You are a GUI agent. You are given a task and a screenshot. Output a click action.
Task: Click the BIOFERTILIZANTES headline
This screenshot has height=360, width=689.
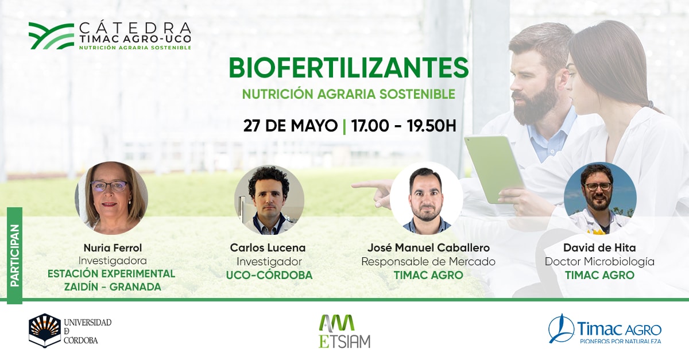coord(349,68)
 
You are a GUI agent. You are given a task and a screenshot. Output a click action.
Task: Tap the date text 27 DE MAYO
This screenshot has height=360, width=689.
coord(290,126)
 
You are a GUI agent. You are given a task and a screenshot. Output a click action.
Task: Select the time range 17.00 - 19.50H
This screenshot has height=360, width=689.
coord(404,126)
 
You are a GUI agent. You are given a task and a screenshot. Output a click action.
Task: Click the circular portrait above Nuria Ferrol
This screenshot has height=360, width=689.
coord(111,198)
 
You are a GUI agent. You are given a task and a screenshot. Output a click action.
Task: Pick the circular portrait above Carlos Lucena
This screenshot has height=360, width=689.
coord(269,200)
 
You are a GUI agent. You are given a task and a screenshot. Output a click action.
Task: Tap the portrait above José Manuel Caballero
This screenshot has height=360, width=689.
coord(426,199)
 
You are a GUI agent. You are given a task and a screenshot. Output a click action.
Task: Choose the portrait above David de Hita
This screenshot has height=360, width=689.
coord(600,199)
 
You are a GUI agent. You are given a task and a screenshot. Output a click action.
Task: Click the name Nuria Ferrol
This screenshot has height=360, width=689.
coord(113,247)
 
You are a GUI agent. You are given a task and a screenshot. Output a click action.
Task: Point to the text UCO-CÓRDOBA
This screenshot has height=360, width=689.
coord(269,275)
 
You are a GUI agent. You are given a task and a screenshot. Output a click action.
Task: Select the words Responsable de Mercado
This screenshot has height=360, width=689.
coord(428,262)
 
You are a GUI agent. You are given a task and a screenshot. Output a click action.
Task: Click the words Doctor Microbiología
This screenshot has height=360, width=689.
coord(599,262)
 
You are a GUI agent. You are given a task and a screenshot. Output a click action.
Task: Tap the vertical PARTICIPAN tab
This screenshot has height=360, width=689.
coord(15,256)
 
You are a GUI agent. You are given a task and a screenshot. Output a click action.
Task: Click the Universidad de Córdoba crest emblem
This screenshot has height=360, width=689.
coord(45,331)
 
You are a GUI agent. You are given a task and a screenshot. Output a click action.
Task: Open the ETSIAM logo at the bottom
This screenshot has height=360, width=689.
coord(344,331)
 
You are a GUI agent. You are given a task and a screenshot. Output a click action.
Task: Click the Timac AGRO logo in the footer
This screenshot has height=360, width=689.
coord(605,329)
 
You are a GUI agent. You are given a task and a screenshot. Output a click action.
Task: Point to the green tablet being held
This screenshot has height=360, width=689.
coord(494,169)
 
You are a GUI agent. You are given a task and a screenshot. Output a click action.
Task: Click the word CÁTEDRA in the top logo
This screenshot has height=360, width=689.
coord(135,28)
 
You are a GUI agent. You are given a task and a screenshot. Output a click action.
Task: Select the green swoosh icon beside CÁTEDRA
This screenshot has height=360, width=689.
coord(51,36)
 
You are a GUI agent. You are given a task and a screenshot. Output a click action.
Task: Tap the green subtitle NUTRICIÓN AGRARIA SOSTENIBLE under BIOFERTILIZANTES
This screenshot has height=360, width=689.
coord(349,94)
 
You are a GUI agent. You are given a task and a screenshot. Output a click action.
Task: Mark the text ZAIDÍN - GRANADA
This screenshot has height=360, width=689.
coord(113,287)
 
